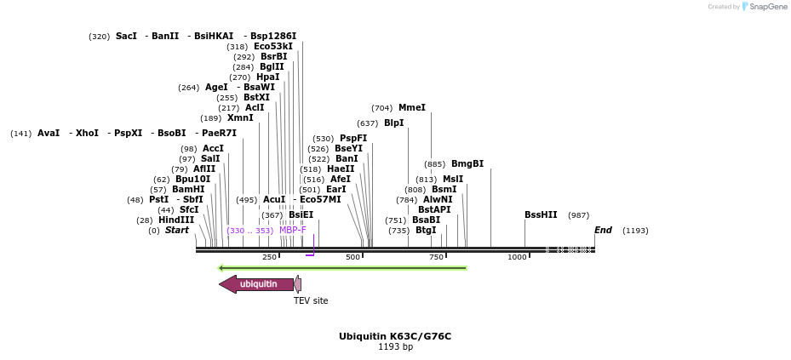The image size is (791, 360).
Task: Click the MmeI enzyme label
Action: [411, 108]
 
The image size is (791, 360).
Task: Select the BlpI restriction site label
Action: [393, 123]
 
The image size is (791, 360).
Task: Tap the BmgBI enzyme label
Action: [467, 164]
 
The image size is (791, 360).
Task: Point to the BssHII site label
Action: [541, 215]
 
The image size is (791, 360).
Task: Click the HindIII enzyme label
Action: [176, 220]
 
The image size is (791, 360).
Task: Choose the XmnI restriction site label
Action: [240, 118]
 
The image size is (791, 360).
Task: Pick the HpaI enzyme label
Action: [267, 77]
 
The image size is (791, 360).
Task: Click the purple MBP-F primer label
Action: [293, 231]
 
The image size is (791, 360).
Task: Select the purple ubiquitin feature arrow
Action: [256, 284]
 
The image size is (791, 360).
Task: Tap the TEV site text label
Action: [311, 300]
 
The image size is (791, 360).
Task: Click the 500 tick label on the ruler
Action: [353, 257]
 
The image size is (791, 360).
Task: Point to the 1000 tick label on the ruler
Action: [517, 257]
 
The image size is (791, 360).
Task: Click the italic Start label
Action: [177, 231]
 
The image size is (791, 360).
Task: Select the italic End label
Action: [603, 231]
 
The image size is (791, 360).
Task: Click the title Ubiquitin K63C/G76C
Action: [395, 336]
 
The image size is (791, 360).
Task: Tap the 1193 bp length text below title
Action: [395, 347]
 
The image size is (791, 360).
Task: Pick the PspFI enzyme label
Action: [353, 139]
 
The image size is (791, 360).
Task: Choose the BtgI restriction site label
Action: [426, 231]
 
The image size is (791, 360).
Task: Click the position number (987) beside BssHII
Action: [578, 215]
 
